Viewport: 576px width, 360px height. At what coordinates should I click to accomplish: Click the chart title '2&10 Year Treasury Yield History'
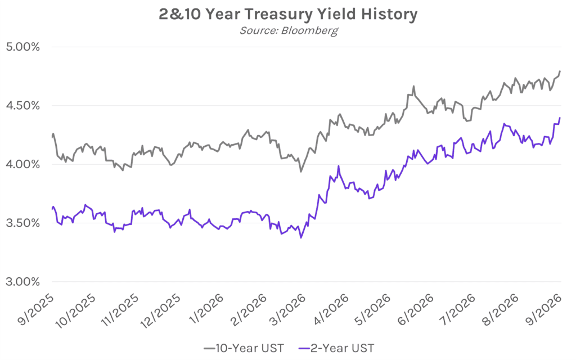[x=288, y=15]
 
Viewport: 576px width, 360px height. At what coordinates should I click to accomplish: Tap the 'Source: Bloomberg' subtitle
[x=289, y=30]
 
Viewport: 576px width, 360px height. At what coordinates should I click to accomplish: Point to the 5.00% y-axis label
[x=22, y=47]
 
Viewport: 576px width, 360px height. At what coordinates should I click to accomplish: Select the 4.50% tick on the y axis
[x=22, y=106]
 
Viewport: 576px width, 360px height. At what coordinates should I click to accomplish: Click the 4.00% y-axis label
[x=22, y=165]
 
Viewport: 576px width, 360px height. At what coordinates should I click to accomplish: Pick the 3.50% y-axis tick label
[x=22, y=223]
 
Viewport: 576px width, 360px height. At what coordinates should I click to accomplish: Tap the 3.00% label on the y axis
[x=22, y=282]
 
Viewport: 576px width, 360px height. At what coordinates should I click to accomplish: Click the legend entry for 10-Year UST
[x=244, y=348]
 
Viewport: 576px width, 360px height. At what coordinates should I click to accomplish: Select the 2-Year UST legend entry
[x=337, y=348]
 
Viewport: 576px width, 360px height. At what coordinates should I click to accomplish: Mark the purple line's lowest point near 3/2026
[x=301, y=238]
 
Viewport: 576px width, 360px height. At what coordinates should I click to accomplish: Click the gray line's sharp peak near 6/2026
[x=413, y=86]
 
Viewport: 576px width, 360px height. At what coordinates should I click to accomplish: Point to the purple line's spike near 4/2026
[x=338, y=166]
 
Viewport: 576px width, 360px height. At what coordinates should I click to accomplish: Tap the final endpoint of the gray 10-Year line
[x=560, y=71]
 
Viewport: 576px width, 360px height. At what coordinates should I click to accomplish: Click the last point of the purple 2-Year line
[x=560, y=118]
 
